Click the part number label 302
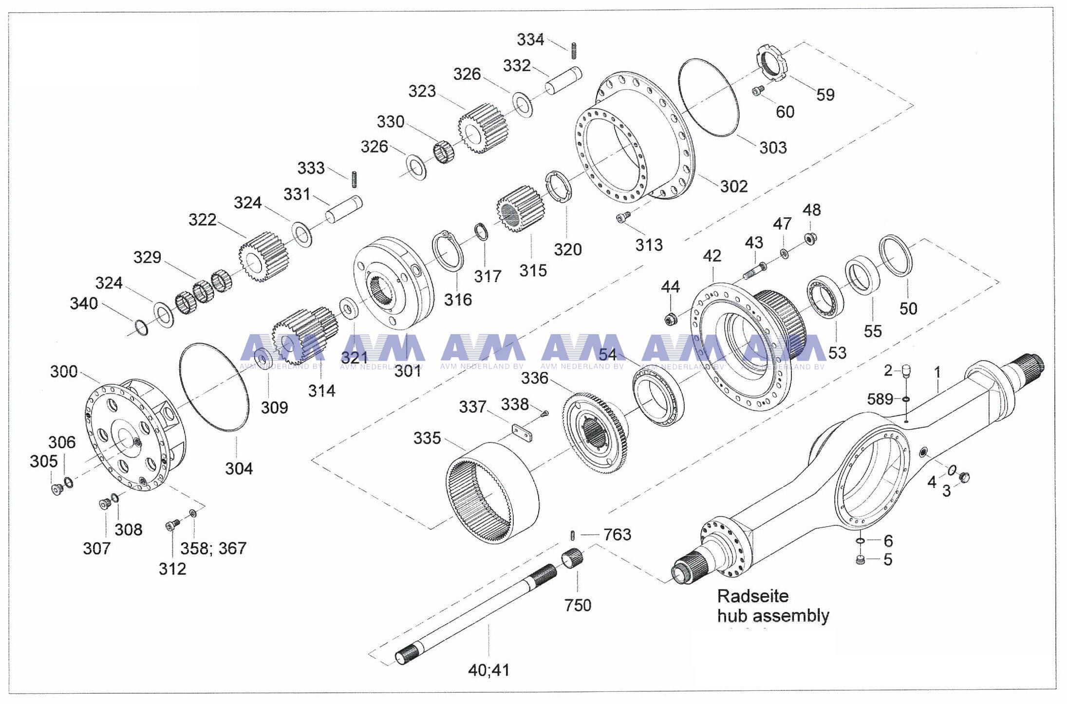click(733, 186)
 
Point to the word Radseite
click(753, 596)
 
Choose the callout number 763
click(617, 535)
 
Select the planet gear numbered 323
click(480, 128)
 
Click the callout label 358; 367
click(214, 548)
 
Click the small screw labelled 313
click(622, 217)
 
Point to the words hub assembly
click(773, 616)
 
